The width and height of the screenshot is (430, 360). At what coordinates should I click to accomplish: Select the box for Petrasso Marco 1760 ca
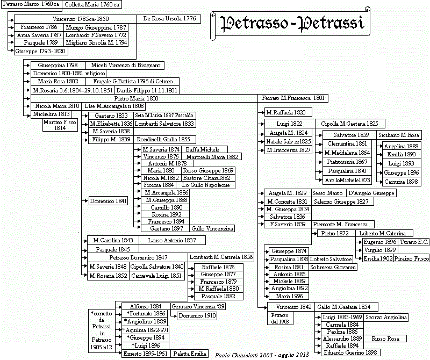[31, 4]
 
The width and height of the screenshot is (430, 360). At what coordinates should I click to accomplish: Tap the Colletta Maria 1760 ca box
[92, 4]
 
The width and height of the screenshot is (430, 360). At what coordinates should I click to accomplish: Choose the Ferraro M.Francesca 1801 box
[293, 98]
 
